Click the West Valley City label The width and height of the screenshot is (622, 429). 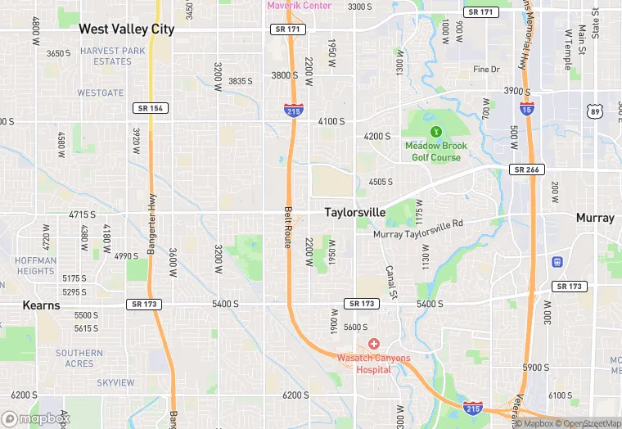[x=126, y=29]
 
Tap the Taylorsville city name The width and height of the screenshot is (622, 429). [x=354, y=212]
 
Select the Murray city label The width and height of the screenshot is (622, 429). [x=595, y=218]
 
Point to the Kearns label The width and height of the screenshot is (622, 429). [x=42, y=305]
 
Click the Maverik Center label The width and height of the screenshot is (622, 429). [x=300, y=6]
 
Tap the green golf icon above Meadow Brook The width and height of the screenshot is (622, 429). [x=436, y=131]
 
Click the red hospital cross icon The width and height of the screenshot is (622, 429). [x=374, y=344]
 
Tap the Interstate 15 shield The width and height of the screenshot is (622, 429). [x=526, y=108]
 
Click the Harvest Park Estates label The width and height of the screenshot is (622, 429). [x=112, y=56]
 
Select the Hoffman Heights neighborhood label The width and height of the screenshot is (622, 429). [x=35, y=266]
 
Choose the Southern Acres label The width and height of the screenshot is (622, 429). [x=79, y=358]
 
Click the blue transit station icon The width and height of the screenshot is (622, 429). [x=557, y=262]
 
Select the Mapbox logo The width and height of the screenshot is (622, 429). [x=37, y=418]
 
